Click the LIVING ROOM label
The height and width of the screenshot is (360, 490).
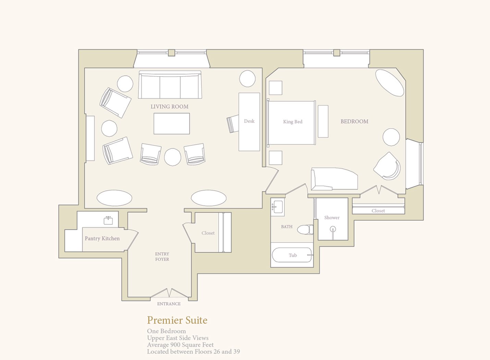169,107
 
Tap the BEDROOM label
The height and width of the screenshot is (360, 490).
354,121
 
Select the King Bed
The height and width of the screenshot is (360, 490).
292,122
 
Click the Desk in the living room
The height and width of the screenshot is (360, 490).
249,122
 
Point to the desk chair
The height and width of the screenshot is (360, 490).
233,124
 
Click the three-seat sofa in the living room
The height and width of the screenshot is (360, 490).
170,84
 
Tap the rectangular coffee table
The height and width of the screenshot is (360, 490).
172,124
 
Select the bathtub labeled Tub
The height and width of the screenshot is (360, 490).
293,255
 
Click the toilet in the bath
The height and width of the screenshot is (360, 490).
305,230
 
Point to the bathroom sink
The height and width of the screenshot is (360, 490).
277,207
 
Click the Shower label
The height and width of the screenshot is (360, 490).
332,217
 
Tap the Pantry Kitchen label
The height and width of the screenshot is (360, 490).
102,238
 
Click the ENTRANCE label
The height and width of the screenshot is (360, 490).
169,304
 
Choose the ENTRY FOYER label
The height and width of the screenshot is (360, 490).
162,256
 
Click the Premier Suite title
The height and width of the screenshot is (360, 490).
177,320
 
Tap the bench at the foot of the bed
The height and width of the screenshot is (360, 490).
323,121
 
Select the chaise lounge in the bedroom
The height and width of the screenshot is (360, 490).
334,179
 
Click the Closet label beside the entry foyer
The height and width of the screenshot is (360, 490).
208,233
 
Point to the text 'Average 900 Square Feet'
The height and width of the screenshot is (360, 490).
180,345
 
